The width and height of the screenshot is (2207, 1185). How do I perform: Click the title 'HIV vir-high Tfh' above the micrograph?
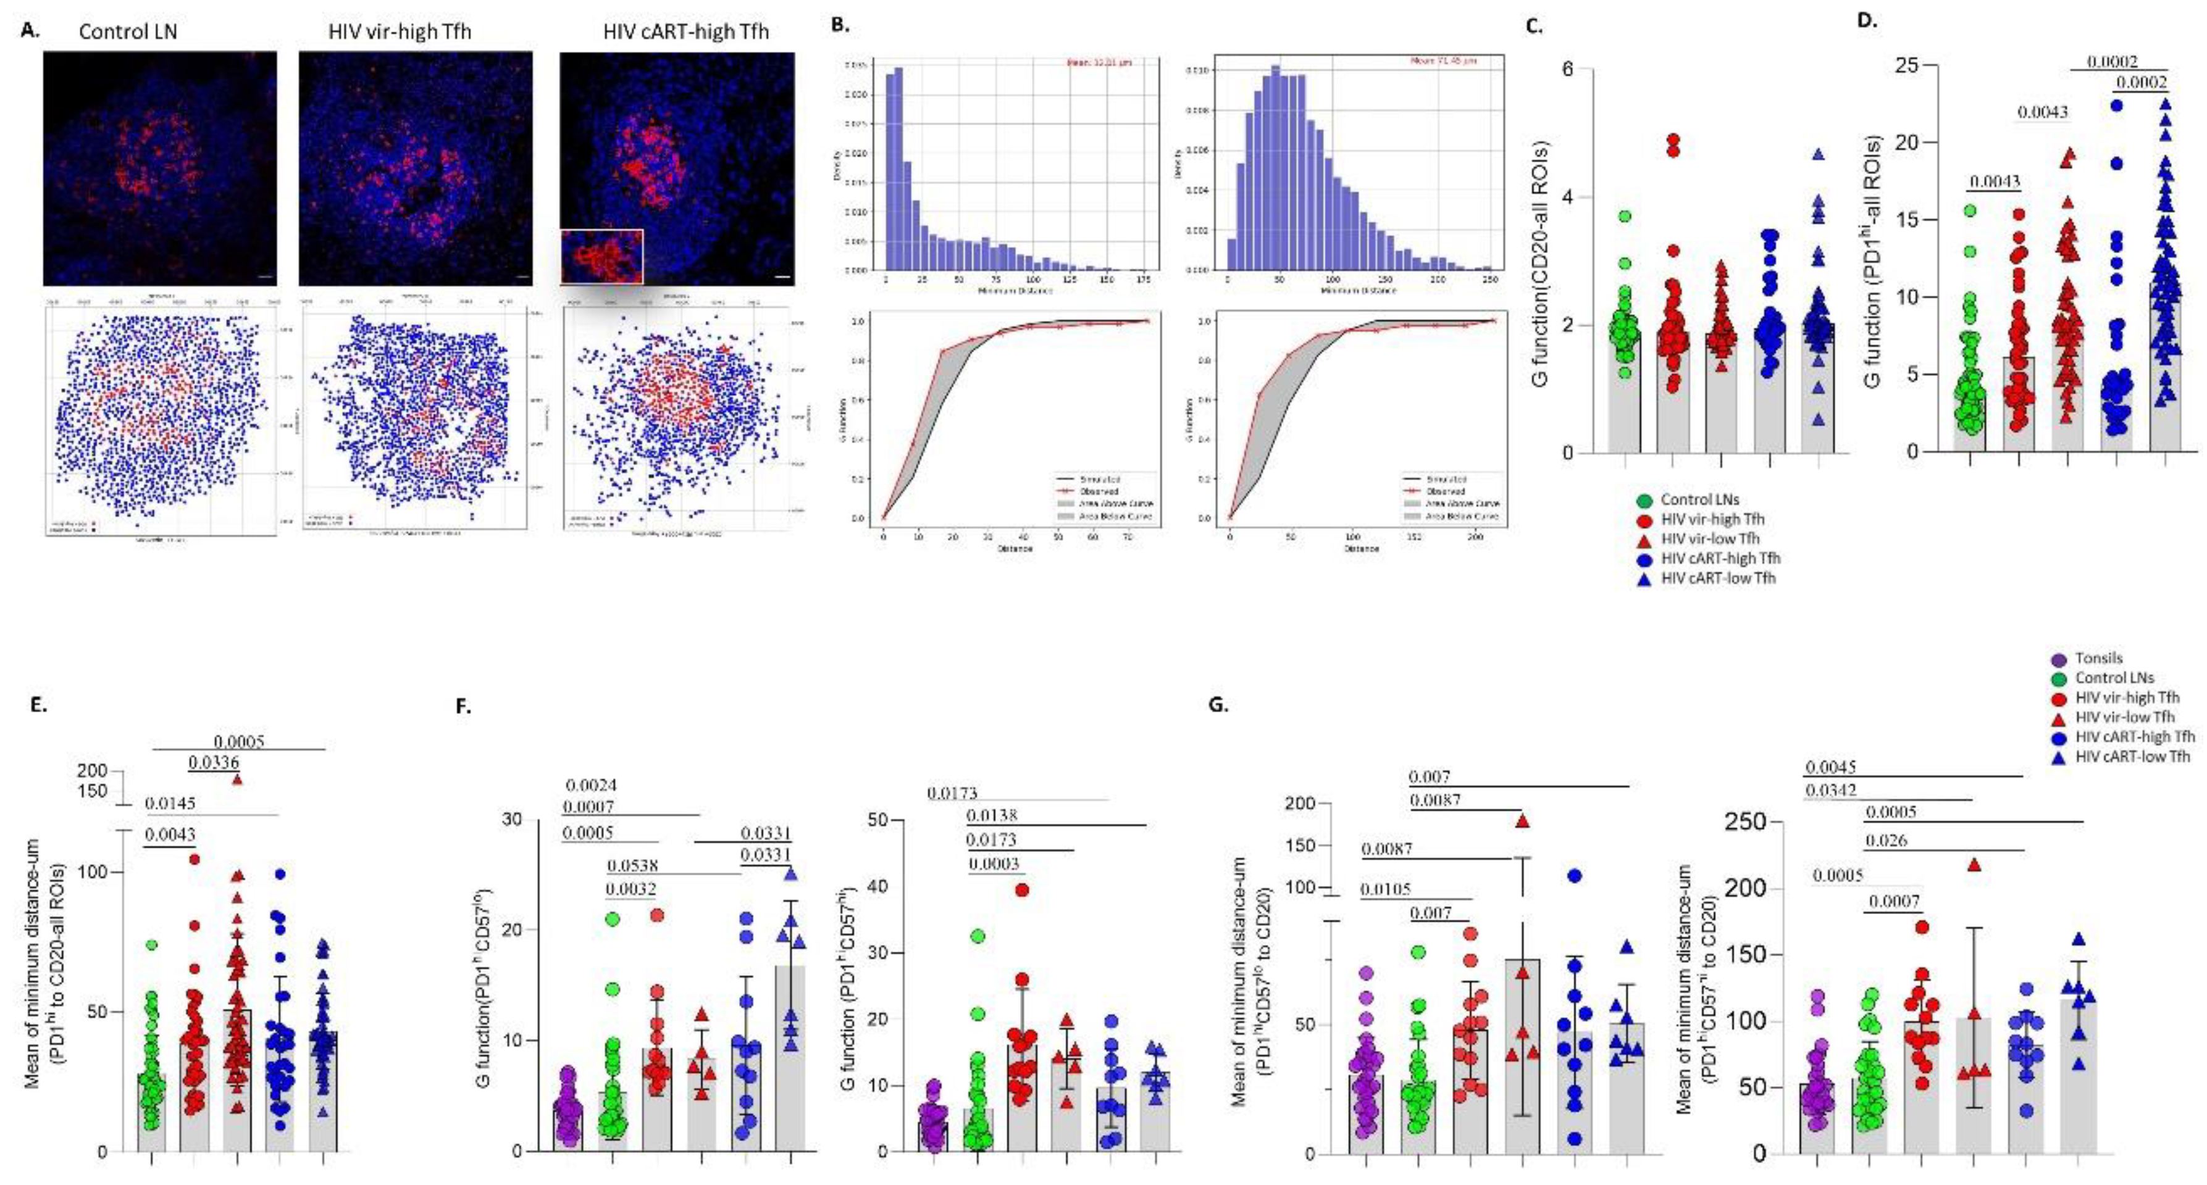tap(400, 31)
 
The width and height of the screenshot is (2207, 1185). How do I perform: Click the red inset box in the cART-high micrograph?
tap(601, 256)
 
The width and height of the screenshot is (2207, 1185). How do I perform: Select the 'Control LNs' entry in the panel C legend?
tap(1700, 499)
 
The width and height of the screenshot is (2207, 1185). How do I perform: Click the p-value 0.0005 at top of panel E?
tap(239, 741)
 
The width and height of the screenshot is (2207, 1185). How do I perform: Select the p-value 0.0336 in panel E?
tap(213, 763)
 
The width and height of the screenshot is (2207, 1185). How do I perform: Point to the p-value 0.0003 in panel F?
tap(992, 864)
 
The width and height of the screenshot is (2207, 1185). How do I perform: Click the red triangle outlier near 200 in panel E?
tap(237, 779)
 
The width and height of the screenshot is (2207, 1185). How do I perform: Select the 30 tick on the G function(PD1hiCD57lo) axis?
tap(511, 820)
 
